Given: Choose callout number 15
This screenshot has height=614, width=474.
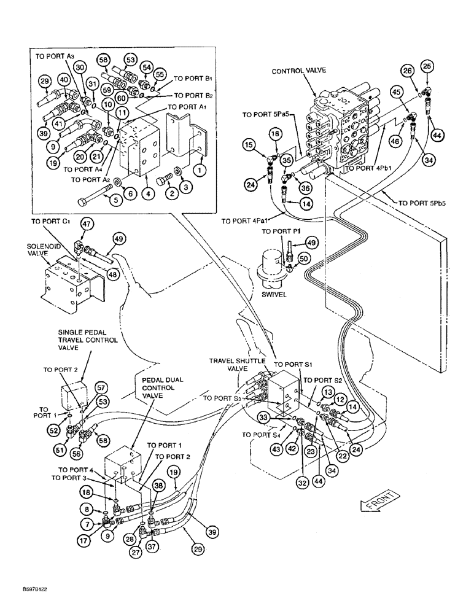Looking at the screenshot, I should click(x=249, y=144).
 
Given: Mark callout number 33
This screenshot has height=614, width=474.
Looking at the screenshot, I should click(x=279, y=418).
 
